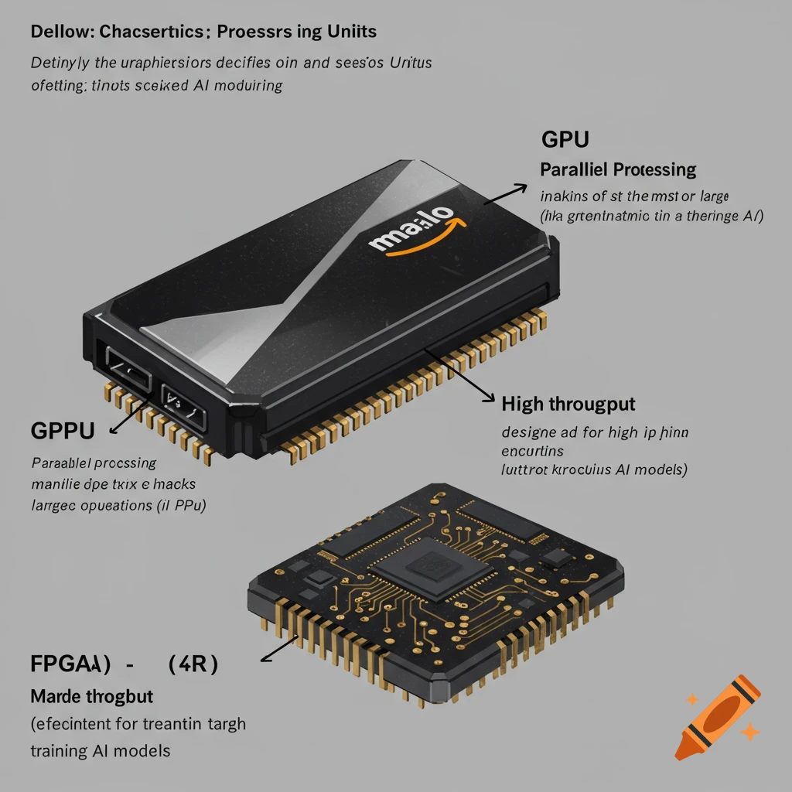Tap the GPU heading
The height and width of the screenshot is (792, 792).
[565, 140]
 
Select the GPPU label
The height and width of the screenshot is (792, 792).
[63, 431]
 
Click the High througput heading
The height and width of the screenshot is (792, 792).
[568, 404]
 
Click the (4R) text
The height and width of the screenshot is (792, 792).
[192, 664]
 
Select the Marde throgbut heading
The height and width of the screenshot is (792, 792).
[92, 697]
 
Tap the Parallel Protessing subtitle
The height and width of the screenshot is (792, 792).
[618, 169]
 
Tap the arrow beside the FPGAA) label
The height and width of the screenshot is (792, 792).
[280, 650]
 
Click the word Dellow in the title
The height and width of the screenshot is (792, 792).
[59, 32]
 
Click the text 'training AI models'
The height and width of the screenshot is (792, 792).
[101, 750]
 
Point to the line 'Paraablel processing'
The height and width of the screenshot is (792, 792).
[94, 463]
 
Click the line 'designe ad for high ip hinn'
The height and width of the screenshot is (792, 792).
[595, 432]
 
